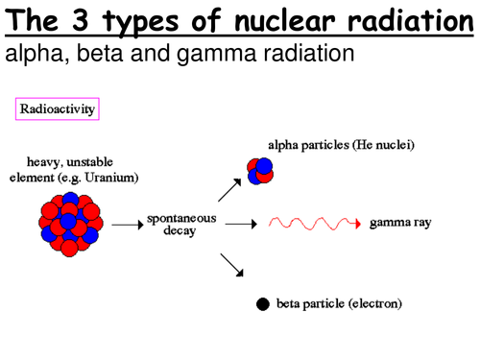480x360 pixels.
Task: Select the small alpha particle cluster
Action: click(259, 169)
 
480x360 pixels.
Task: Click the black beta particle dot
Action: click(262, 305)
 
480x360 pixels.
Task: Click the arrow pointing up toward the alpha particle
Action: click(229, 188)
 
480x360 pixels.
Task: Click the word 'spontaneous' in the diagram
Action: click(182, 218)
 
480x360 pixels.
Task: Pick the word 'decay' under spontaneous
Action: click(182, 231)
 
